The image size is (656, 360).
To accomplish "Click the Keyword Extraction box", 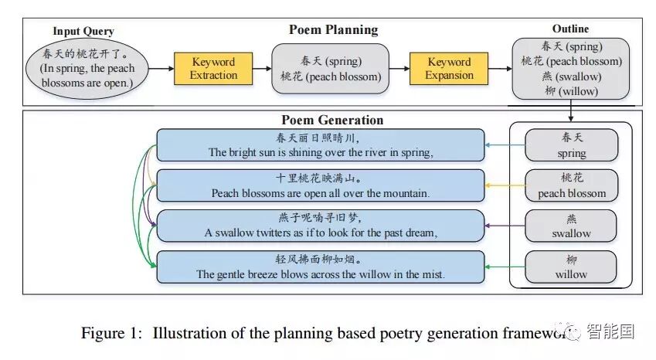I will coord(214,69).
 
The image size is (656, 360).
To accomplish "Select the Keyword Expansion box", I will coord(449,69).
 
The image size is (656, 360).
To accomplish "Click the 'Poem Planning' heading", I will coord(333,30).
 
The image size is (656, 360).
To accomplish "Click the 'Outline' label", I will coord(572,29).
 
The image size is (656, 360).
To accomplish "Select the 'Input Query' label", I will coord(83,32).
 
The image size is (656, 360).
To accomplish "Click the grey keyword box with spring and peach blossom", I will coord(331,69).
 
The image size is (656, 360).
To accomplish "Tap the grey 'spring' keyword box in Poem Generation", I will coord(572,144).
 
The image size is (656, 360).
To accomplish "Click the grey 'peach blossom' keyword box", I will coord(572,185).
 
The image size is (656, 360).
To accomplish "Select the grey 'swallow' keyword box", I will coord(572,226).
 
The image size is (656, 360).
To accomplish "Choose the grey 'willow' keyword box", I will coord(572,267).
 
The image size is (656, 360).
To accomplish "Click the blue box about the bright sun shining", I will coord(321,145).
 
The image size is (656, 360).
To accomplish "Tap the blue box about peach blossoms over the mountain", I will coord(321,185).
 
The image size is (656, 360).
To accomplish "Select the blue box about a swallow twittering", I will coord(321,226).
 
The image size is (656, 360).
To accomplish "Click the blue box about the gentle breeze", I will coord(321,267).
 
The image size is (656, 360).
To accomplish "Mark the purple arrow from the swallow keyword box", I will coord(505,226).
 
